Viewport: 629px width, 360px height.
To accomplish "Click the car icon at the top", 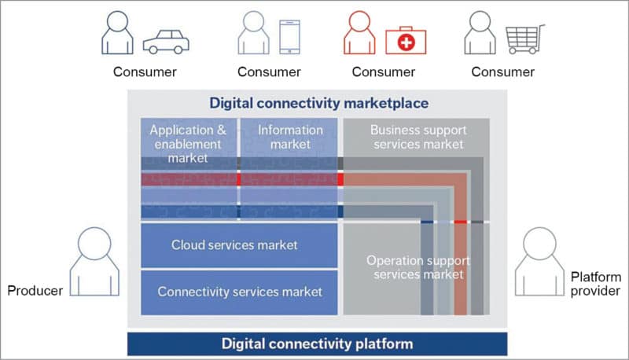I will tap(167, 41).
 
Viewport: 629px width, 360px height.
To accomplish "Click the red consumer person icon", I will tap(359, 34).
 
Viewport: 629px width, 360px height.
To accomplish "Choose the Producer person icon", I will tap(94, 261).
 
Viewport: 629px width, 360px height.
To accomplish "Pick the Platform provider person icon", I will tap(539, 261).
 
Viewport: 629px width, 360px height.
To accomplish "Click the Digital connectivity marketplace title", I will tap(318, 102).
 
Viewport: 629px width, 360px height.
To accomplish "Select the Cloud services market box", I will tap(234, 245).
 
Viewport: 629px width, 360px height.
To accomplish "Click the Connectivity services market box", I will tap(240, 292).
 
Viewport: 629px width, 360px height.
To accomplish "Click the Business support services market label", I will tap(417, 137).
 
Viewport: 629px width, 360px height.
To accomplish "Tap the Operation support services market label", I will tap(417, 267).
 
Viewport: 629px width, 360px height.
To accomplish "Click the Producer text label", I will tap(35, 292).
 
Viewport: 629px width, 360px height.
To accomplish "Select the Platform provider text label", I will tap(595, 284).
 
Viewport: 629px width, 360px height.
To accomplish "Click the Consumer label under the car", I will tap(145, 72).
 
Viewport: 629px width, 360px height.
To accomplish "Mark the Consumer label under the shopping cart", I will tap(502, 72).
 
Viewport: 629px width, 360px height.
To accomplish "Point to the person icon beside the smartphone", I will tap(252, 34).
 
